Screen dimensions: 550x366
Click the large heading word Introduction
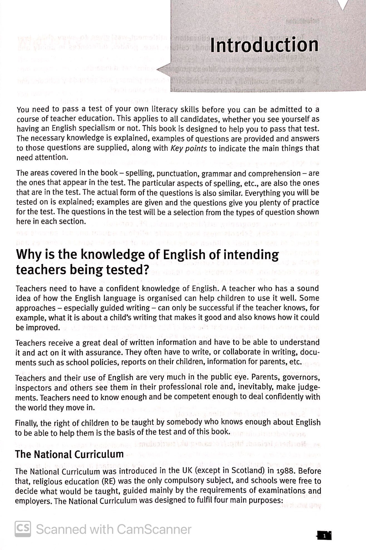(264, 45)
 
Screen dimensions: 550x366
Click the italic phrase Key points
(189, 148)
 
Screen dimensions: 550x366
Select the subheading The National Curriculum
(69, 454)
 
